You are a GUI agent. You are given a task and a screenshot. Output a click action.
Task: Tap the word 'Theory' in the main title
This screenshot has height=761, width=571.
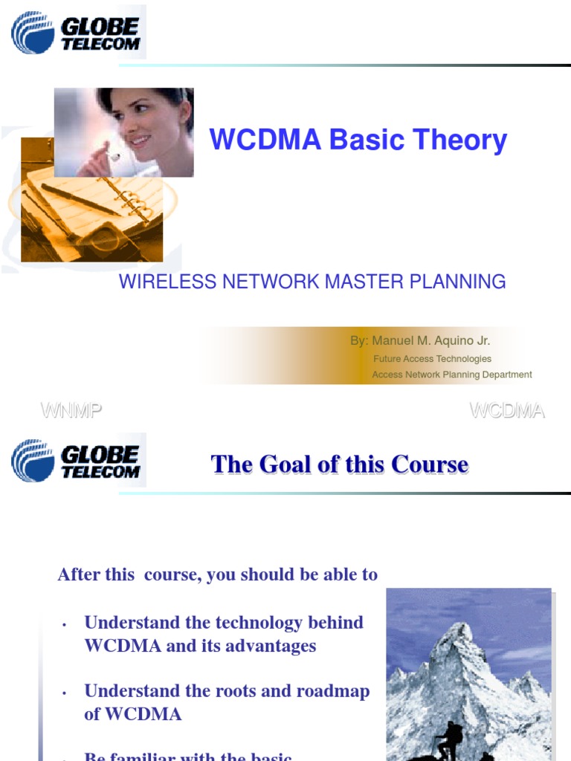click(x=460, y=140)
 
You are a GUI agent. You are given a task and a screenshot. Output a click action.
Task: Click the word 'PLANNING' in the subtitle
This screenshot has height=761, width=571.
click(x=457, y=282)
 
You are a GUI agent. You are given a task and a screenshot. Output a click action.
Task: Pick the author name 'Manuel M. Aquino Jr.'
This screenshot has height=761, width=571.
click(x=431, y=341)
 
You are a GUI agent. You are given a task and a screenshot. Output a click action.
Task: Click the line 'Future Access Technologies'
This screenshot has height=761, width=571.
click(x=432, y=359)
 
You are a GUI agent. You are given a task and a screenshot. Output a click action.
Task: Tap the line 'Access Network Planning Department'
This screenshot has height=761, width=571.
click(x=452, y=375)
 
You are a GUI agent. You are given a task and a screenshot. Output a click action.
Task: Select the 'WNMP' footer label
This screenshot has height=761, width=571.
click(x=71, y=410)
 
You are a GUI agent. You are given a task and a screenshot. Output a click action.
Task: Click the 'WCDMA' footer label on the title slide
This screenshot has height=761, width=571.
click(x=508, y=410)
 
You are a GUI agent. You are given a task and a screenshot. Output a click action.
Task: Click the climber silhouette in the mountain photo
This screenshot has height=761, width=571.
click(x=451, y=739)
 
